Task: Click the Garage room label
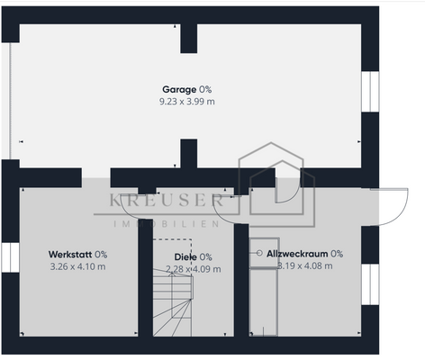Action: click(186, 89)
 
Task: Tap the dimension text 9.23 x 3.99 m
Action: click(186, 102)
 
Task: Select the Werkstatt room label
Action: click(77, 255)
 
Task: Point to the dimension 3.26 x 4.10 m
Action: click(77, 266)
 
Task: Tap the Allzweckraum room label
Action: click(304, 254)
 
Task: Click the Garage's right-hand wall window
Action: click(368, 92)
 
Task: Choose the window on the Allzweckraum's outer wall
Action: click(368, 279)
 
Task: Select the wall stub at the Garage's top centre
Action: click(188, 38)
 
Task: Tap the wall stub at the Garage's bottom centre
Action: click(188, 155)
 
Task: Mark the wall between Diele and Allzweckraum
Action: click(240, 279)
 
